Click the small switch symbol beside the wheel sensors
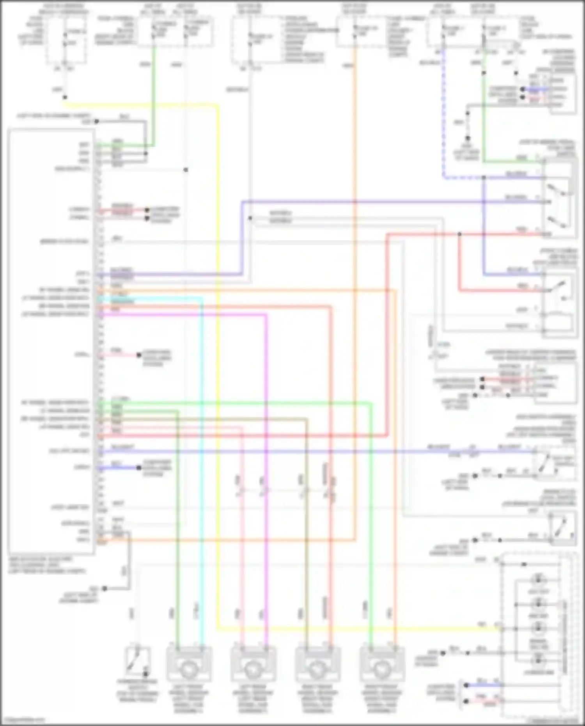[x=137, y=662]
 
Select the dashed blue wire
[x=443, y=117]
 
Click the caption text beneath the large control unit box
[x=47, y=565]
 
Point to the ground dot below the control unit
[x=105, y=588]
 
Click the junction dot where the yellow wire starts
[x=65, y=97]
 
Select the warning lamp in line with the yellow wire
[x=538, y=628]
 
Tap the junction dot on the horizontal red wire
[x=459, y=234]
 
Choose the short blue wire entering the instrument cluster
[x=484, y=685]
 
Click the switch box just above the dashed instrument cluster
[x=562, y=529]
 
